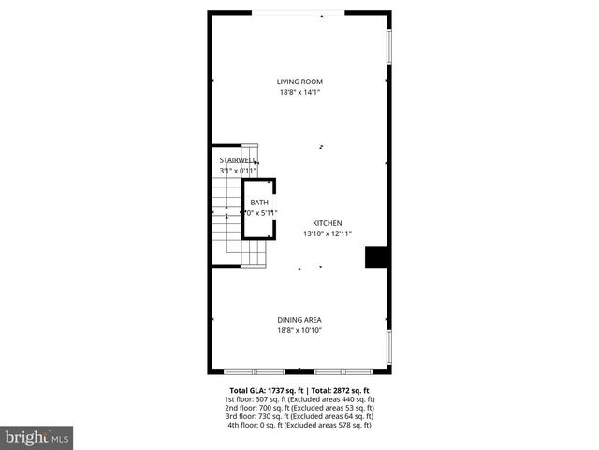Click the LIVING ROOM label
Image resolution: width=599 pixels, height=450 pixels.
(x=299, y=82)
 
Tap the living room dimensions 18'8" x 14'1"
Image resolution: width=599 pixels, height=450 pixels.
(x=299, y=92)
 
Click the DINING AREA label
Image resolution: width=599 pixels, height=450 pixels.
(x=299, y=320)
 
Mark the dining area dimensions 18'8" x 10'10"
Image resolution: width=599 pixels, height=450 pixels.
(x=299, y=330)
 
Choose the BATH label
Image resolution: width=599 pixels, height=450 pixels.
(x=259, y=202)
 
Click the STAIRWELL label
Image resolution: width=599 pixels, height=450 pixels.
(x=237, y=161)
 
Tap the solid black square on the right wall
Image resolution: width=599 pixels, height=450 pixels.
(x=376, y=258)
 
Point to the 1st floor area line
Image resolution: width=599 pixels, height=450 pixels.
(x=299, y=399)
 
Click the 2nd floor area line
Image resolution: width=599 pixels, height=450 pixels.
(x=299, y=408)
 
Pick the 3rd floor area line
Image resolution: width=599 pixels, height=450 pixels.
(x=299, y=416)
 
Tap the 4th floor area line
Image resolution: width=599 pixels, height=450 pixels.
(x=299, y=425)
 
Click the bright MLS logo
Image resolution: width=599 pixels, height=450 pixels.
(x=37, y=437)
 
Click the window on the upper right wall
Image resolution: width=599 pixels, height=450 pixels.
(x=389, y=47)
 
